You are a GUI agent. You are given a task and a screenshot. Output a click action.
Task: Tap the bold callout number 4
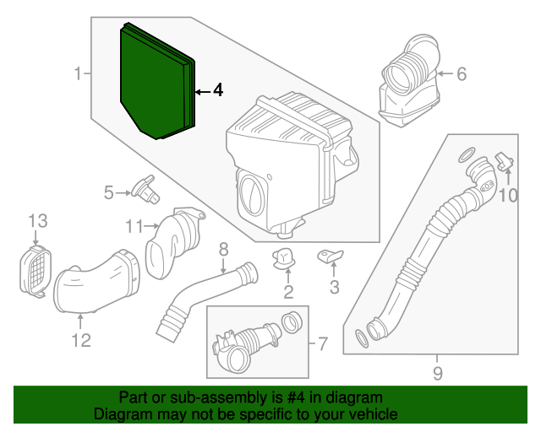[x=218, y=90]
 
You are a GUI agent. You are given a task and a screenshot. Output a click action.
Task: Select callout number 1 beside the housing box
[x=79, y=73]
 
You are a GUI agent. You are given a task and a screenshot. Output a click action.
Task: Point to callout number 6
[x=462, y=74]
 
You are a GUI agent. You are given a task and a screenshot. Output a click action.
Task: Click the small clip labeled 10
[x=505, y=161]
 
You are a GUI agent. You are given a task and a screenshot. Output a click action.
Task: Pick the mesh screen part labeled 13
[x=35, y=271]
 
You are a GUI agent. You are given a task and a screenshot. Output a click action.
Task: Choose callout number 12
[x=81, y=340]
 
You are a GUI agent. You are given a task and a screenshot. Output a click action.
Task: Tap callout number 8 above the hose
[x=223, y=250]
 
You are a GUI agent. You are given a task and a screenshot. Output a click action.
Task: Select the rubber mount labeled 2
[x=284, y=258]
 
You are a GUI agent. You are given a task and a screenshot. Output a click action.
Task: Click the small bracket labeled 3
[x=331, y=256]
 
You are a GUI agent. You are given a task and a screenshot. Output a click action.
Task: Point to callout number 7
[x=323, y=343]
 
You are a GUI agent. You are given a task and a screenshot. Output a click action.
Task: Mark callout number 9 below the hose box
[x=438, y=374]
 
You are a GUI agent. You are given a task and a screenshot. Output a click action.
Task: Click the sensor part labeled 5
[x=146, y=190]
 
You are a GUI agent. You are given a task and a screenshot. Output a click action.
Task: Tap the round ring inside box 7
[x=292, y=322]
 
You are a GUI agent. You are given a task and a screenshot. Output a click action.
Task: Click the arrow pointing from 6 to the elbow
[x=445, y=73]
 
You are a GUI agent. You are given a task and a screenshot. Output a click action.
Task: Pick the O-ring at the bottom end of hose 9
[x=362, y=338]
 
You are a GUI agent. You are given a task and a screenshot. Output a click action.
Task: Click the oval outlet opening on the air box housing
[x=252, y=196]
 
